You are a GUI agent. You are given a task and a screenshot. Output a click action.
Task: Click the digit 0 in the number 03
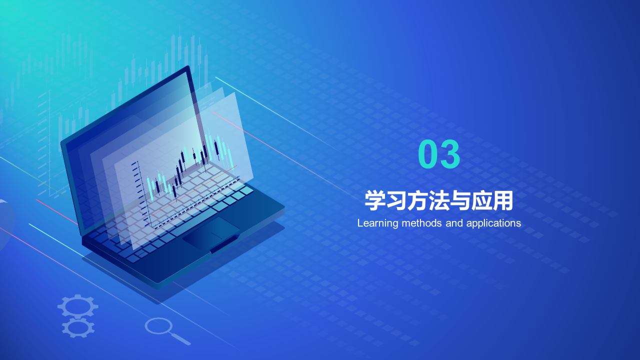(x=428, y=154)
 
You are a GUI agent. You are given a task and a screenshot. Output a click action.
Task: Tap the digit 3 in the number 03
(x=450, y=154)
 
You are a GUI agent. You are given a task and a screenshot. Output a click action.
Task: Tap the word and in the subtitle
(x=454, y=223)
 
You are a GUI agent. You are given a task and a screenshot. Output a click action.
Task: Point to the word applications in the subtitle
(x=493, y=223)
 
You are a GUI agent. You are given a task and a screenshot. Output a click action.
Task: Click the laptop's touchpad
(x=211, y=232)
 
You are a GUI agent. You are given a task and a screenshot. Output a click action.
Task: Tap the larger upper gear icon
(x=77, y=306)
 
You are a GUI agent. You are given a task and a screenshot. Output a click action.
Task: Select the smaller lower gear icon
(x=78, y=327)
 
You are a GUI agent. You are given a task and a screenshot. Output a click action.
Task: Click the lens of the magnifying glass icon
(x=158, y=326)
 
